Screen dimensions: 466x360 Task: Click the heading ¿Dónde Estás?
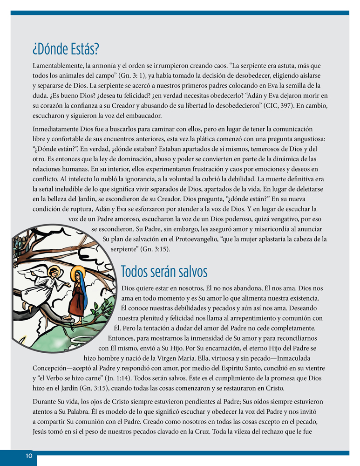65,48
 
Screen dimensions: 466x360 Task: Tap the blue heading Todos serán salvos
164,271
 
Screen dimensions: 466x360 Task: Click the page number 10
29,456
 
